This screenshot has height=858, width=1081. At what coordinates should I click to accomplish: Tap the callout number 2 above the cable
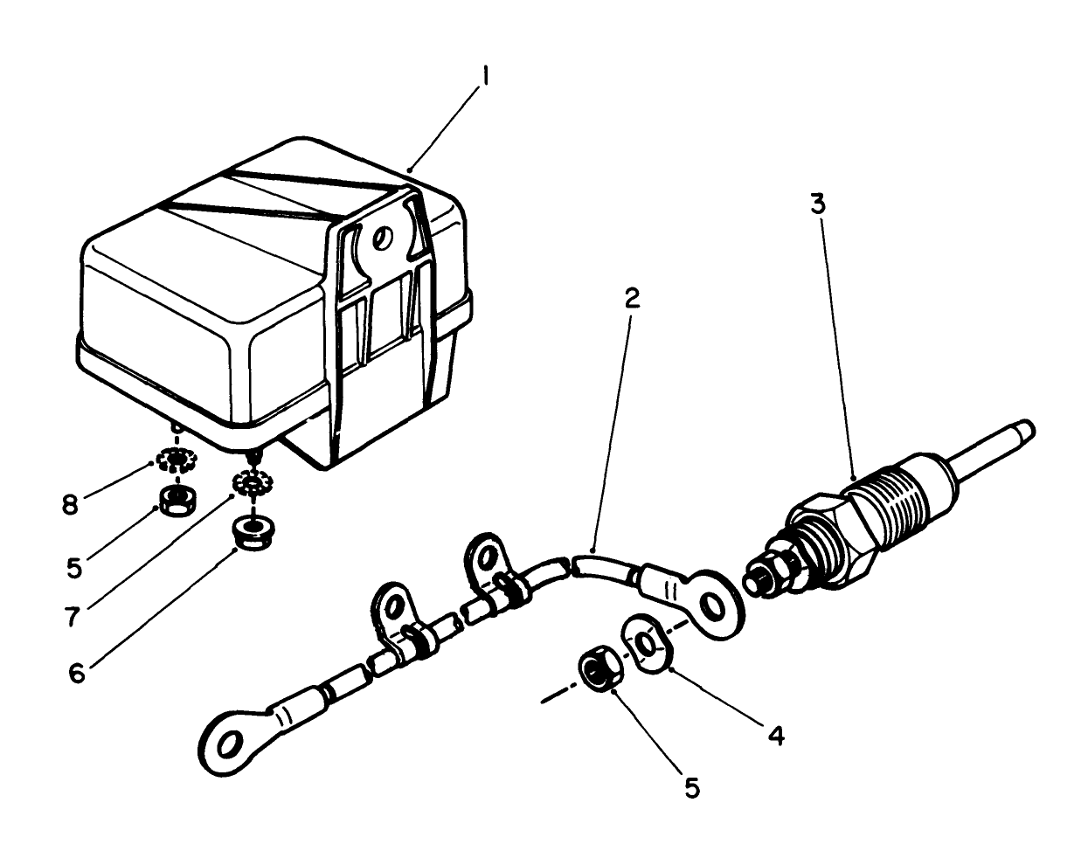point(631,298)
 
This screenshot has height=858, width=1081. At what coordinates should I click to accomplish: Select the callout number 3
point(816,205)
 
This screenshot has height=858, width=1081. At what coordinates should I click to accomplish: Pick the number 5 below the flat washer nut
point(691,788)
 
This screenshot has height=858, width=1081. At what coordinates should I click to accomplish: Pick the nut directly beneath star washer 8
point(179,502)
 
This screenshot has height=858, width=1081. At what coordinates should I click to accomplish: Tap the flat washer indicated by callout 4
point(646,644)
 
